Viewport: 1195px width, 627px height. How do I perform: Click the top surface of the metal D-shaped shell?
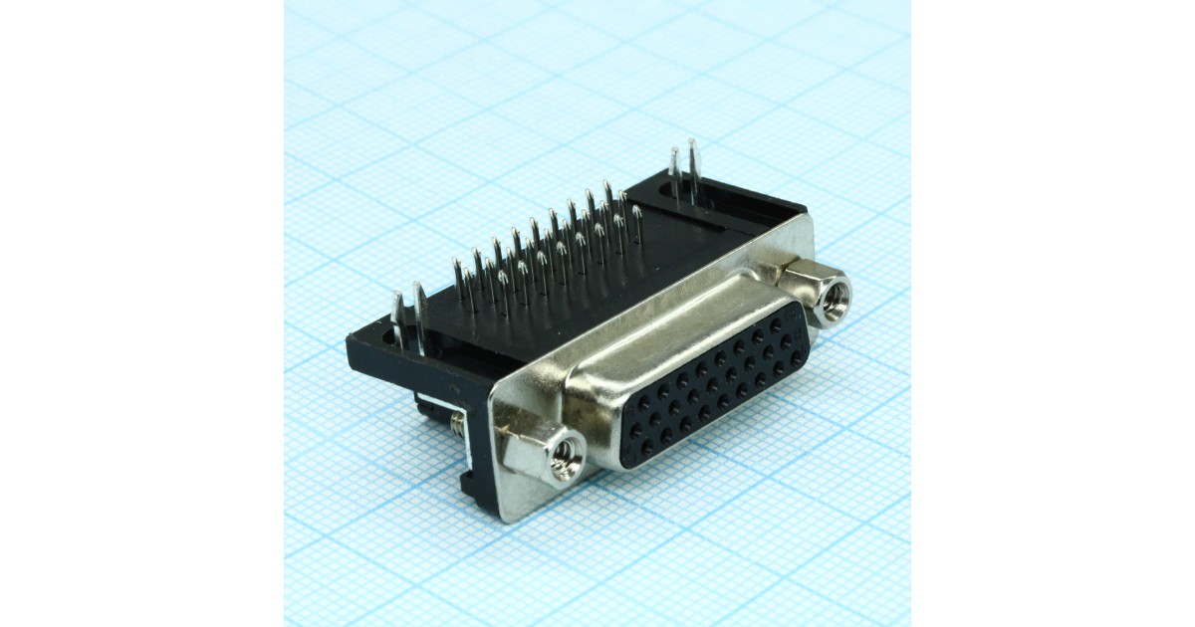[x=677, y=318]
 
